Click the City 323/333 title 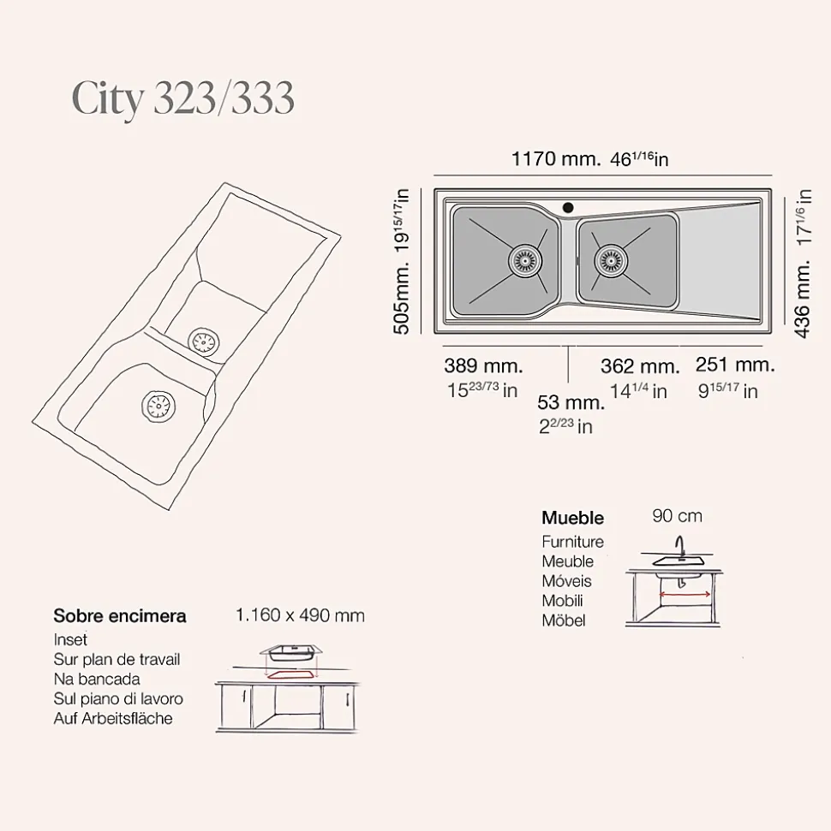click(x=182, y=99)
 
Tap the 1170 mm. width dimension click(x=556, y=159)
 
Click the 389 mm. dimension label click(x=483, y=365)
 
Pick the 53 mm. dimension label click(x=571, y=402)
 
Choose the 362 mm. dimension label click(x=640, y=366)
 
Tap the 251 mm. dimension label click(x=735, y=365)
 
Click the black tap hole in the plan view click(x=568, y=207)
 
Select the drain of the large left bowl click(x=525, y=261)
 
